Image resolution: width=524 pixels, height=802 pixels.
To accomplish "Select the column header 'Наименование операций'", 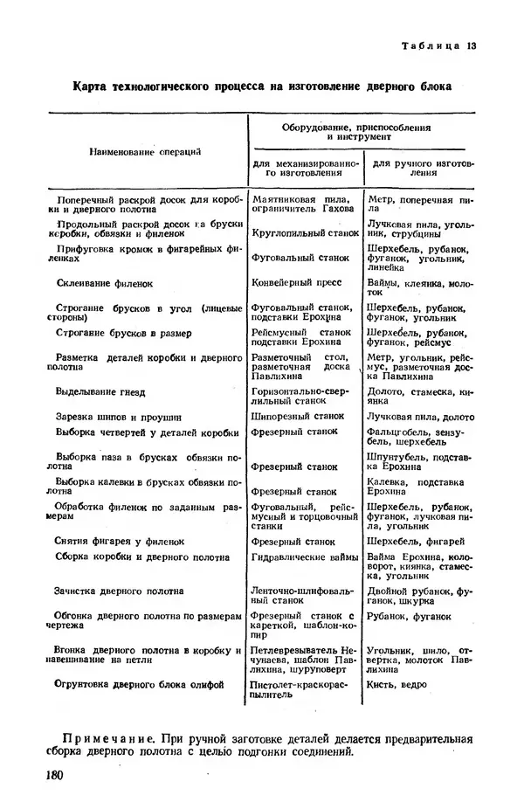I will (145, 151).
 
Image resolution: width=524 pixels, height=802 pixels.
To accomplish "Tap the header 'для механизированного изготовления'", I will (305, 168).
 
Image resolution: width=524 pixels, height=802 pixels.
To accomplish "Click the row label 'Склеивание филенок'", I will (104, 284).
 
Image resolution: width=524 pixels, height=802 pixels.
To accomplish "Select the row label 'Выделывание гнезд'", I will (100, 392).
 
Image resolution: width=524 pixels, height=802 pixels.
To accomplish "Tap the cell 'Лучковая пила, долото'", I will (421, 417).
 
